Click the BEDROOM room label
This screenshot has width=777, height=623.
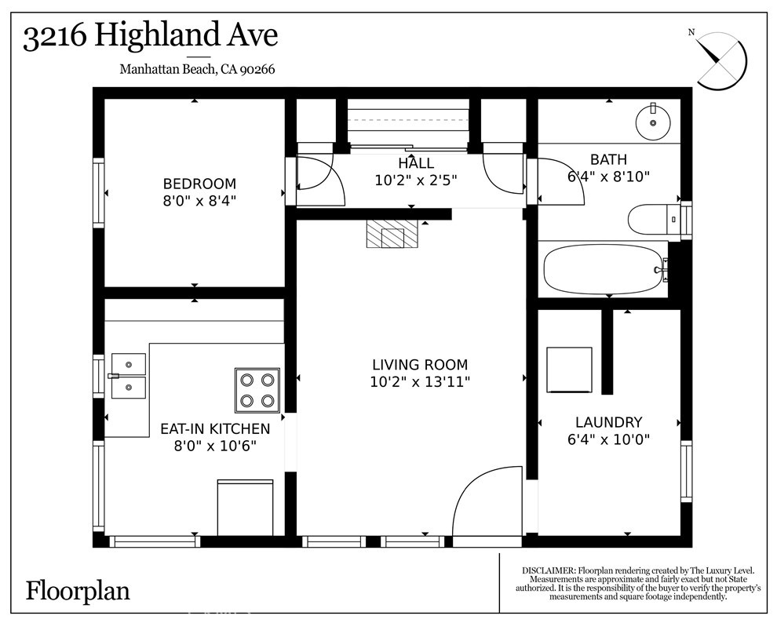pos(199,184)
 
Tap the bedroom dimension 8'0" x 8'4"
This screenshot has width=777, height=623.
pos(199,200)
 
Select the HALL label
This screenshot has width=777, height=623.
pos(415,163)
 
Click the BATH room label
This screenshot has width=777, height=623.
pos(608,160)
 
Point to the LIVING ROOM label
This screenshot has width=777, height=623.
pos(419,365)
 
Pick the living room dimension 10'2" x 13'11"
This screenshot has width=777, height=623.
pos(419,382)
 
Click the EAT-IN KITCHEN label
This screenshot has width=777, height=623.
pos(215,429)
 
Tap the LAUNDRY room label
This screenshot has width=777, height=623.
pos(608,422)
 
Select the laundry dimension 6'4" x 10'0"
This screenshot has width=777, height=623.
pos(608,439)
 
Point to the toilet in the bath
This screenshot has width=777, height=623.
pos(651,219)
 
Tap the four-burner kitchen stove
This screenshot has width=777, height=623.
pos(257,390)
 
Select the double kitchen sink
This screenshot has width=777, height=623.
pos(128,376)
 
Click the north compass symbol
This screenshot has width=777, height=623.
pos(720,59)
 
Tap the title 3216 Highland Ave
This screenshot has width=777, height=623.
pos(150,37)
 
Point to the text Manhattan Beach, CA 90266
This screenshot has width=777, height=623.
pos(197,69)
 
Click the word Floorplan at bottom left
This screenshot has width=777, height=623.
pos(78,590)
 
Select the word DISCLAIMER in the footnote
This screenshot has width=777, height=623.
pos(548,570)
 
